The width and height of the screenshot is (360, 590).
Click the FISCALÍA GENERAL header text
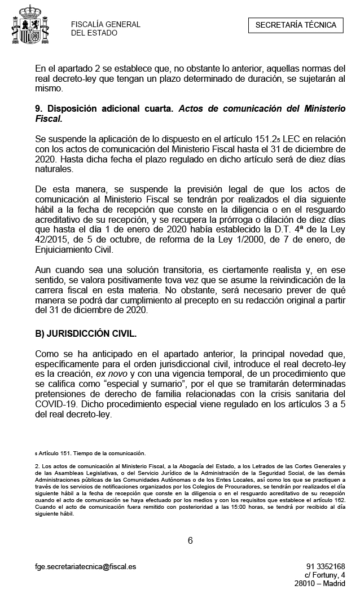tap(106, 24)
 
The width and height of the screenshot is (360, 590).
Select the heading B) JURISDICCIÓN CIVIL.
tap(86, 333)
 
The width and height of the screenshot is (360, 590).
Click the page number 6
tap(190, 540)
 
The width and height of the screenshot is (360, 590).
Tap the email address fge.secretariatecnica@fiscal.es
tap(85, 566)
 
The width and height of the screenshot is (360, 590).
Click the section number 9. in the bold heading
tap(39, 109)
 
